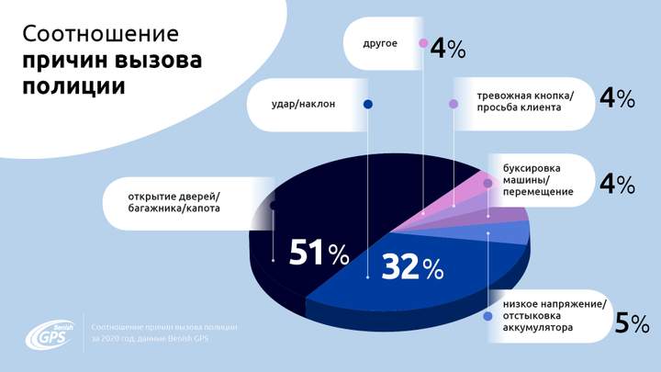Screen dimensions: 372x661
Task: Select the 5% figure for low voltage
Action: click(633, 322)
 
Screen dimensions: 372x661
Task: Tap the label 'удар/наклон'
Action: click(305, 104)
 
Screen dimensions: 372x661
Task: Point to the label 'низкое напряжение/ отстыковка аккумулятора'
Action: click(555, 315)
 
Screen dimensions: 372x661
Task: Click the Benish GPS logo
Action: click(52, 334)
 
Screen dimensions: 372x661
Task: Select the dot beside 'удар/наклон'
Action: click(368, 105)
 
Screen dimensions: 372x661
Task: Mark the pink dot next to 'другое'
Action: click(423, 43)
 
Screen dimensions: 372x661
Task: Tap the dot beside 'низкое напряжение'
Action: click(488, 316)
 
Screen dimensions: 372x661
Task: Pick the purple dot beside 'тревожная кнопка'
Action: click(454, 104)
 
